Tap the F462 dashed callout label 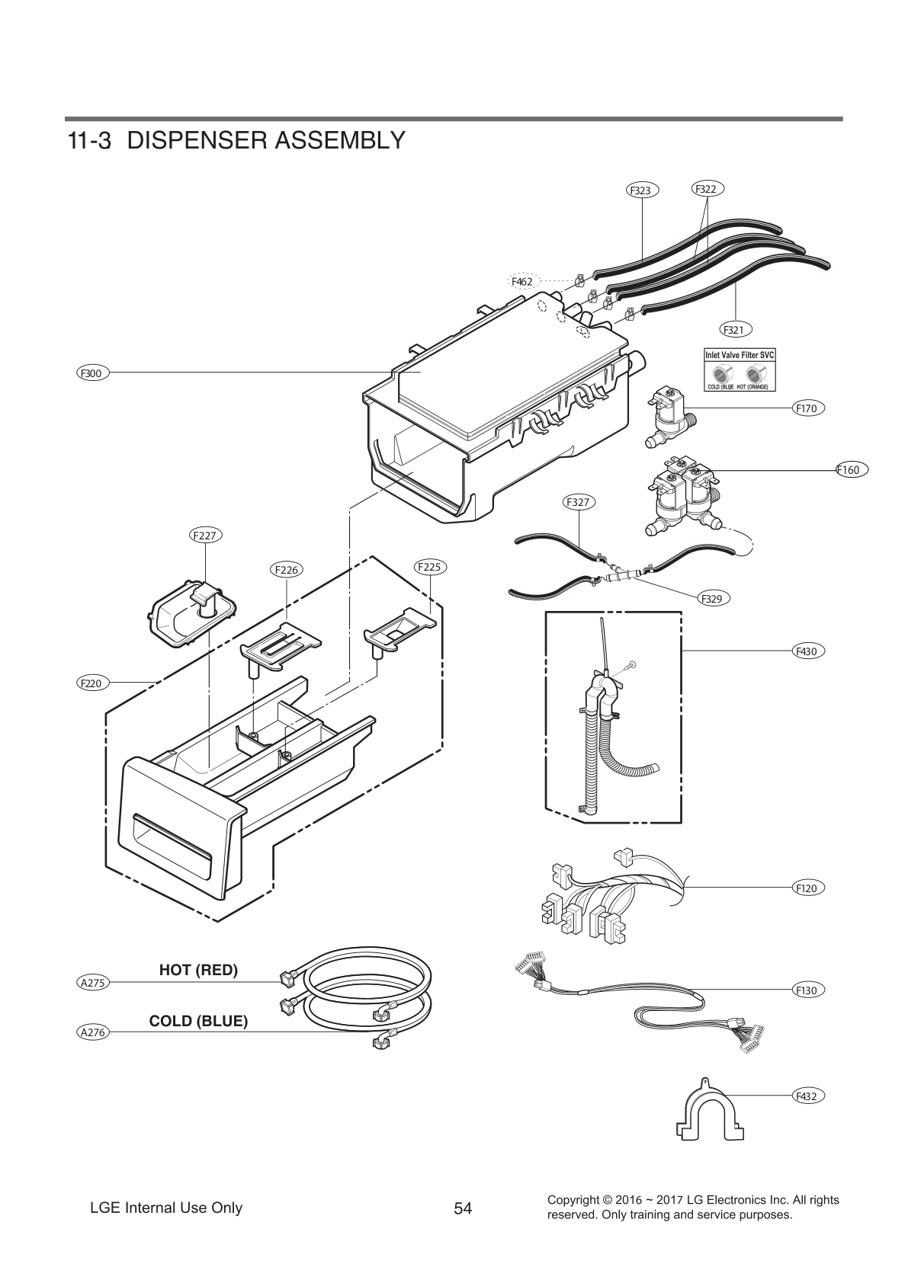tap(521, 281)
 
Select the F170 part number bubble tap(806, 408)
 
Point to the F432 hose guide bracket tap(710, 1115)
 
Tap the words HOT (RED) tap(198, 970)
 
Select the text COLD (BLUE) tap(198, 1021)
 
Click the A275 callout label tap(92, 983)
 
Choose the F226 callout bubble tap(286, 569)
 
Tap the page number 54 tap(463, 1208)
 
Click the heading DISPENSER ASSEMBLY tap(266, 140)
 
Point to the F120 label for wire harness tap(806, 888)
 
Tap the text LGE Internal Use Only tap(166, 1208)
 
